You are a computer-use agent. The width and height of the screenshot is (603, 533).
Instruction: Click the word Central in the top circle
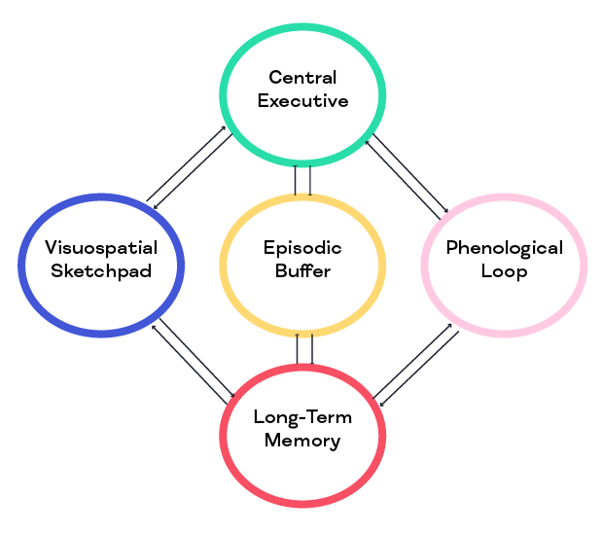[x=302, y=77]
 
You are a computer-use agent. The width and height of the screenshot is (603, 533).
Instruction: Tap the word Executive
[x=302, y=100]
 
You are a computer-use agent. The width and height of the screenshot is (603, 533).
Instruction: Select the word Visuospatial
[x=101, y=248]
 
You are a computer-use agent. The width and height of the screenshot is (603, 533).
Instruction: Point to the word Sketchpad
[x=101, y=271]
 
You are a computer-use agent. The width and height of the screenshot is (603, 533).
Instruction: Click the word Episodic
[x=302, y=248]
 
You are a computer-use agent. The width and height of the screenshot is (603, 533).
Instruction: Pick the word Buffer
[x=302, y=271]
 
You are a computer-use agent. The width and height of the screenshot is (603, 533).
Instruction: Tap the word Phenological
[x=504, y=248]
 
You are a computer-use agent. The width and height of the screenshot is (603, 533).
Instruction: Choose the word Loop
[x=504, y=271]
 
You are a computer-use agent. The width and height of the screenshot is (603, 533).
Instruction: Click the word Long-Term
[x=302, y=417]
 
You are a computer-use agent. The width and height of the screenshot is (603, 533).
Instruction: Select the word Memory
[x=302, y=441]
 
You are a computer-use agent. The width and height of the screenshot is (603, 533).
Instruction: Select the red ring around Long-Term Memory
[x=302, y=504]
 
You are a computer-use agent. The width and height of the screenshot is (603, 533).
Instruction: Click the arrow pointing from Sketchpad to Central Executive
[x=185, y=164]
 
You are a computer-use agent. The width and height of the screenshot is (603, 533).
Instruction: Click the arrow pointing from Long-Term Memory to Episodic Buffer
[x=297, y=349]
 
